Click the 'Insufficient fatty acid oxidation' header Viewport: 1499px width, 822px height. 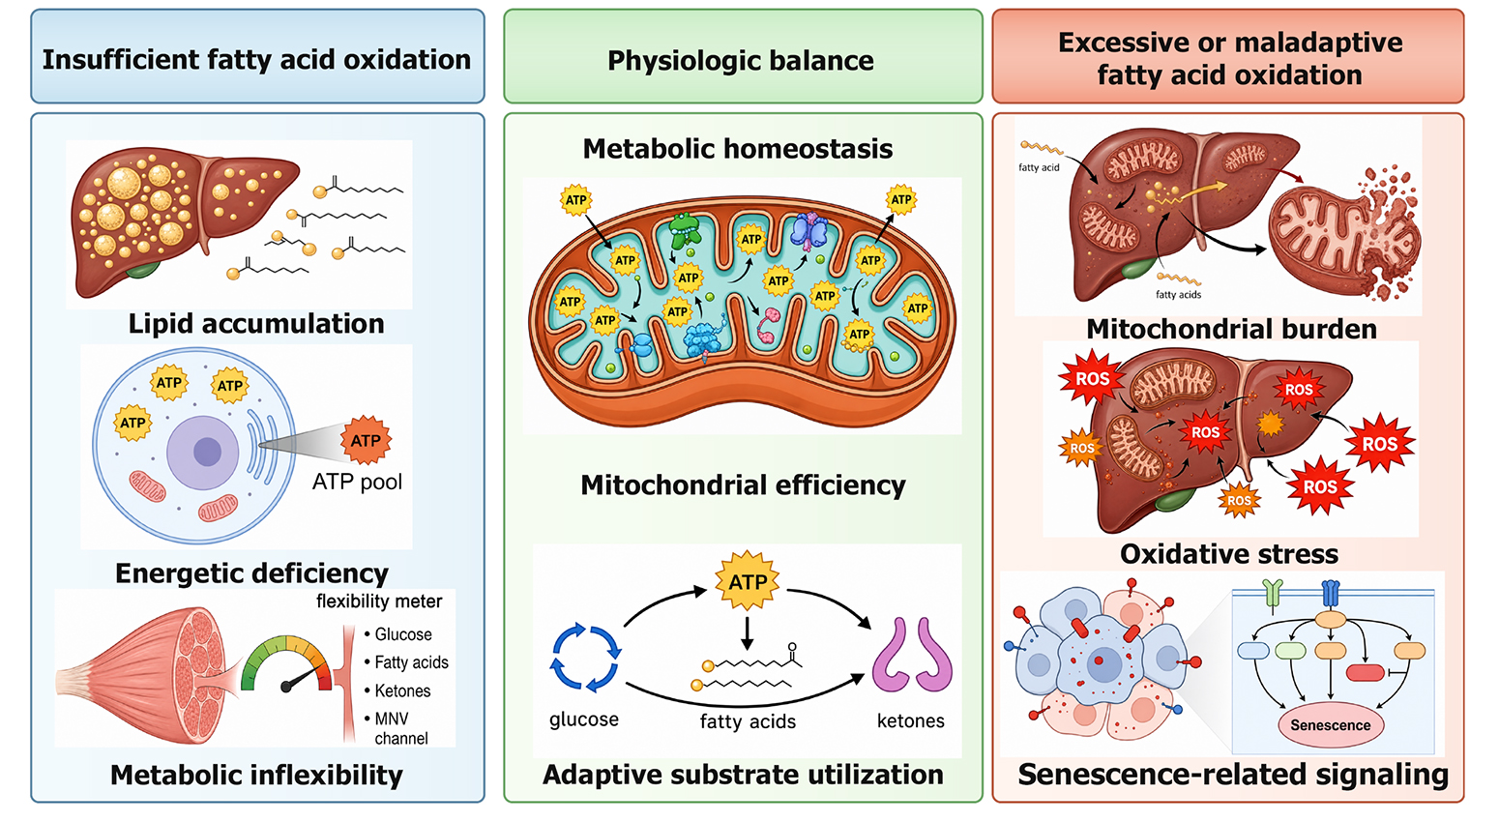pyautogui.click(x=257, y=60)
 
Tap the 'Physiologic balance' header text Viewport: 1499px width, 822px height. pyautogui.click(x=740, y=61)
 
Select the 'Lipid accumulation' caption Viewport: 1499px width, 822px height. pyautogui.click(x=256, y=324)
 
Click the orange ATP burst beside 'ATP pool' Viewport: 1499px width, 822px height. pyautogui.click(x=366, y=440)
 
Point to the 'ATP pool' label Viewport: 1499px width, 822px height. pyautogui.click(x=358, y=482)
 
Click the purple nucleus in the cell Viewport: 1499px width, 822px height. pyautogui.click(x=203, y=452)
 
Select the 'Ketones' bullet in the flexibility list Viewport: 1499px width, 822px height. pyautogui.click(x=397, y=690)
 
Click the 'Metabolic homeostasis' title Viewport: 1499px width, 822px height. pyautogui.click(x=738, y=149)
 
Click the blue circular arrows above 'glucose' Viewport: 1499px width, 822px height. pyautogui.click(x=585, y=658)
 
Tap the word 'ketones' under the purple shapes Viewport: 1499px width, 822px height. pyautogui.click(x=911, y=720)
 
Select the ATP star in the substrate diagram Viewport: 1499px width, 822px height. pyautogui.click(x=747, y=581)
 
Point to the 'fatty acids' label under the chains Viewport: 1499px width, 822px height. pyautogui.click(x=748, y=721)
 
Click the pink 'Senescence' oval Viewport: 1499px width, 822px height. pyautogui.click(x=1331, y=725)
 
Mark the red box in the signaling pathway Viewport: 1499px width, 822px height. pyautogui.click(x=1365, y=673)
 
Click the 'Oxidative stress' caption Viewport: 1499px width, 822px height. pyautogui.click(x=1229, y=554)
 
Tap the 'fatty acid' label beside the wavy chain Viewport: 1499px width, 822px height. pyautogui.click(x=1039, y=167)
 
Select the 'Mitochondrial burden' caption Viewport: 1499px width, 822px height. pyautogui.click(x=1231, y=329)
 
